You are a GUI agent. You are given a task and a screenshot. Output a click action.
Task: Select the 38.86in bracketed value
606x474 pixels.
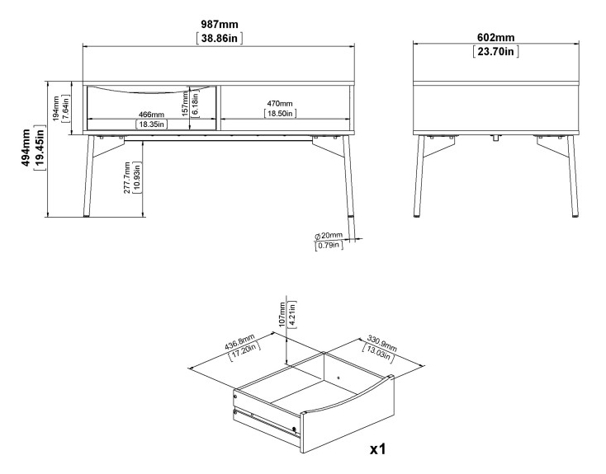pyautogui.click(x=218, y=38)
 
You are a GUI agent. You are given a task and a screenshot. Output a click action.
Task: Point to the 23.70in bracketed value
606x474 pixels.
pyautogui.click(x=495, y=52)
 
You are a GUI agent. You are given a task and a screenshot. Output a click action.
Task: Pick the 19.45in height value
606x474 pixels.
pyautogui.click(x=40, y=148)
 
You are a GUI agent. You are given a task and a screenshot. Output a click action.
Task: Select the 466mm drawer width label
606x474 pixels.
pyautogui.click(x=151, y=114)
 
